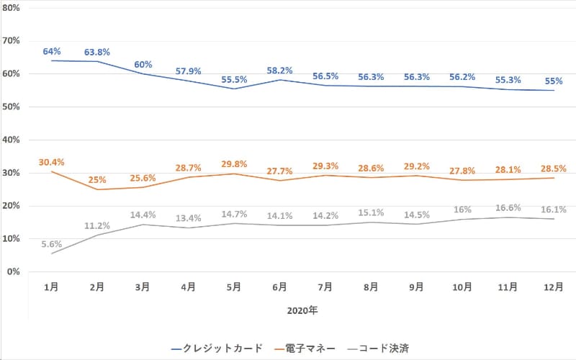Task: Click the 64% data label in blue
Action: coord(52,51)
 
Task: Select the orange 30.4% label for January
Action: coord(52,162)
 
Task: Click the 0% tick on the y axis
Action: coord(12,272)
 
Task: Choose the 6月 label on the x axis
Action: coord(279,287)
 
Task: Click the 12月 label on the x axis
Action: coord(553,287)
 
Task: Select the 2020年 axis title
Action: coord(302,311)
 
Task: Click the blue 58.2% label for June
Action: coord(279,71)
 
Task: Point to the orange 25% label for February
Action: coord(97,179)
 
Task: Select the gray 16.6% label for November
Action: coord(508,208)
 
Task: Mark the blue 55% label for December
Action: coord(553,81)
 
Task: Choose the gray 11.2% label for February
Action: coord(97,225)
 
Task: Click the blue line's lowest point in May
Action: coord(234,89)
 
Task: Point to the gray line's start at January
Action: coord(52,253)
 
